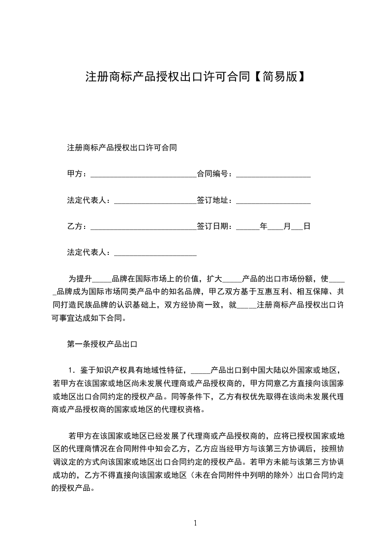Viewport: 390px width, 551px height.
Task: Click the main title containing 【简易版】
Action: coord(195,77)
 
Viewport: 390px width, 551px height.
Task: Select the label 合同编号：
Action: coord(216,174)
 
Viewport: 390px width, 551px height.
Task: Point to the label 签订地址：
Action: coord(216,200)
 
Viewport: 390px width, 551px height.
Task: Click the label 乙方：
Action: coord(78,226)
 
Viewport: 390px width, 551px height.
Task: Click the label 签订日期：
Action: coord(216,226)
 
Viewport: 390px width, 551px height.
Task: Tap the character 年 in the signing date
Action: coord(264,226)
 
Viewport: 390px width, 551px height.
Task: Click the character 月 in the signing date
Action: coord(288,226)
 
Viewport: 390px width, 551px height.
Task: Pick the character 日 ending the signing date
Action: coord(307,226)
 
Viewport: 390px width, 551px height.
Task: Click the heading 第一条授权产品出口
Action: coord(102,344)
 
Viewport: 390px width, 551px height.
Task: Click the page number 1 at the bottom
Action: coord(195,523)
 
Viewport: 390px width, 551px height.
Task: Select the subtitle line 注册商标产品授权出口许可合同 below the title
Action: coord(122,147)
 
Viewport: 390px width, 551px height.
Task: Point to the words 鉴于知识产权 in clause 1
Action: coord(102,370)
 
